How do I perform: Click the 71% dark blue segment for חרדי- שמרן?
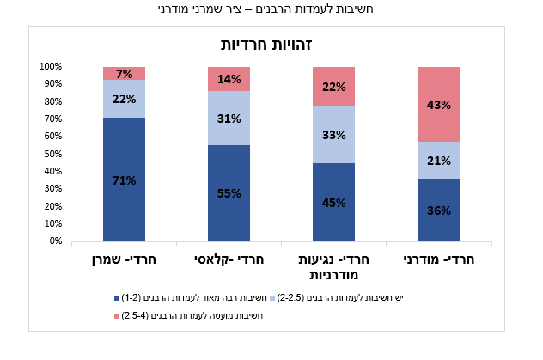pos(124,180)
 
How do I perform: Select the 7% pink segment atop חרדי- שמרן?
pos(124,73)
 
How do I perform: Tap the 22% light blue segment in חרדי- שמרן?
pos(124,99)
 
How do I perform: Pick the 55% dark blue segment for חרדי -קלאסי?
pos(229,193)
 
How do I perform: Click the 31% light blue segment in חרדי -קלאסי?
pos(229,119)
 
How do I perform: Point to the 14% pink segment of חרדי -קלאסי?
pos(229,79)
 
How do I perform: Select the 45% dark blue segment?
pos(333,203)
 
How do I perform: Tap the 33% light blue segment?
pos(333,134)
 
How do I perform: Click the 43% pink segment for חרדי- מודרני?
pos(439,104)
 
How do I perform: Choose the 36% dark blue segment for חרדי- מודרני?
pos(439,210)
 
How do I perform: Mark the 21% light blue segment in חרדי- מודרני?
pos(439,160)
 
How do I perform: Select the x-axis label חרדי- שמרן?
pos(124,259)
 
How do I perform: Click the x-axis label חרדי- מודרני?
pos(439,259)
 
